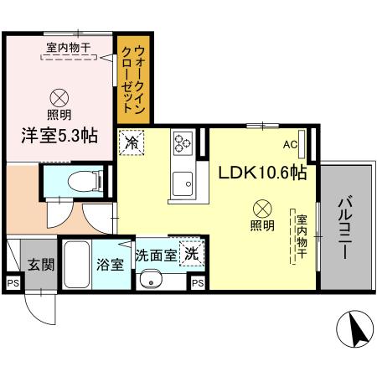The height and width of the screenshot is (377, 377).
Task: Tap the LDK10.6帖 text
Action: click(261, 173)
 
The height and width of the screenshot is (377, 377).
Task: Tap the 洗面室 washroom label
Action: click(157, 255)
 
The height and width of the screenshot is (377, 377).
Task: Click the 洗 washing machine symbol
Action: click(192, 254)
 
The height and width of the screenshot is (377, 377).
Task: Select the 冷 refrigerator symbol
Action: click(132, 143)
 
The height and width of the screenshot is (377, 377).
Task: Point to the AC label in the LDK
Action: click(289, 145)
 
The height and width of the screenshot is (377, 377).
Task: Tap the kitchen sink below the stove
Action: click(182, 180)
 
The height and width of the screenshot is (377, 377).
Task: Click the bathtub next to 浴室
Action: click(78, 263)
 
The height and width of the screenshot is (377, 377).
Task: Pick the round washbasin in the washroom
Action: click(152, 279)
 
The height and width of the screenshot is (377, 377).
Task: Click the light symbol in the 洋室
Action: click(59, 96)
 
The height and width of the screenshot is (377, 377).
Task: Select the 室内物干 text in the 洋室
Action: click(70, 49)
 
